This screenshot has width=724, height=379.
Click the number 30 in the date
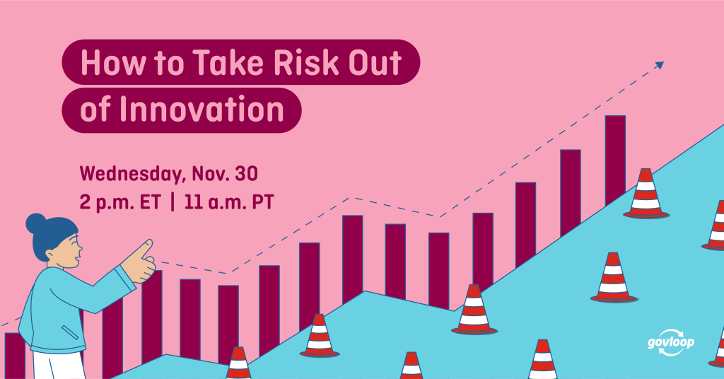[246, 173]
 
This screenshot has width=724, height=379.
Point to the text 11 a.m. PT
[229, 202]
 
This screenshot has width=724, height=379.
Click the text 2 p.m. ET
[120, 203]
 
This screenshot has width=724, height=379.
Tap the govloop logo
[671, 342]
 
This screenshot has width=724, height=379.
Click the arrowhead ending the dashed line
[660, 65]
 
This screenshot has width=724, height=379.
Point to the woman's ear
[49, 255]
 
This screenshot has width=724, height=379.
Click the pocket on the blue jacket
[70, 332]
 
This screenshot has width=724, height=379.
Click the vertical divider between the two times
[173, 202]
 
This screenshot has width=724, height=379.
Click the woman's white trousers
[59, 366]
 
